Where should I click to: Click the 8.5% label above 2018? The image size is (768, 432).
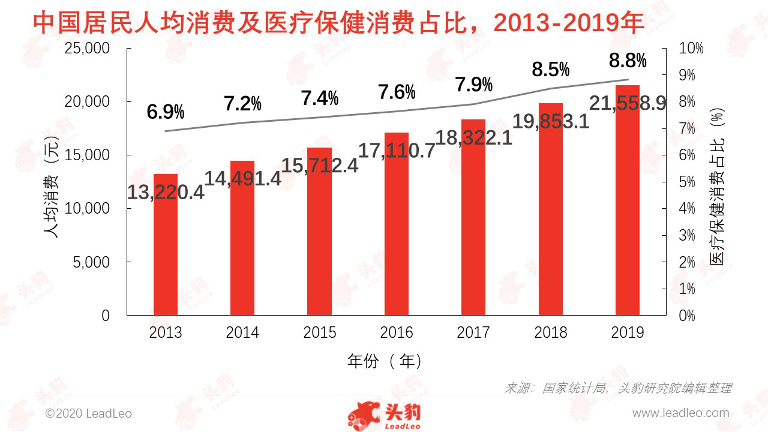[x=551, y=70]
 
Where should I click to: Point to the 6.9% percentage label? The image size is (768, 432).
[x=166, y=112]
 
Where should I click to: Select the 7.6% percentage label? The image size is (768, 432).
[x=397, y=92]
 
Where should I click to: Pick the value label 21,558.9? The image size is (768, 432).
[x=628, y=103]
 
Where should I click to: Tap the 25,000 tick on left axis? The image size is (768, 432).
[x=88, y=49]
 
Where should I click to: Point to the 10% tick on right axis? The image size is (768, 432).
[x=691, y=49]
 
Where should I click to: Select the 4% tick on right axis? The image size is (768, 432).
[x=687, y=209]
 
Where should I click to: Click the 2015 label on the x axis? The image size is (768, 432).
[x=320, y=332]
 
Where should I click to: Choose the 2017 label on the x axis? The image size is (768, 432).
[x=473, y=332]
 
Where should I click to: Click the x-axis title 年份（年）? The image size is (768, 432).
[x=385, y=361]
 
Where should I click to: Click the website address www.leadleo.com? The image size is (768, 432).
[x=680, y=413]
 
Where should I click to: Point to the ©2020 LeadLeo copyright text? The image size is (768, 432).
[x=89, y=413]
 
